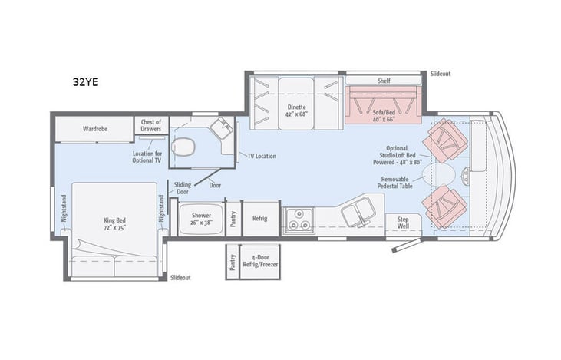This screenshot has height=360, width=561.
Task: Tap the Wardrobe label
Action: coord(95,129)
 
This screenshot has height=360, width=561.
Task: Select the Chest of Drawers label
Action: coord(150,125)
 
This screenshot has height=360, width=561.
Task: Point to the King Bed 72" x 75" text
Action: coord(114,223)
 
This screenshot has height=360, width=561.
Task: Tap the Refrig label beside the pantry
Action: coord(260,219)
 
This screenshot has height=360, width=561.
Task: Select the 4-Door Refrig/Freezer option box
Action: coord(259,263)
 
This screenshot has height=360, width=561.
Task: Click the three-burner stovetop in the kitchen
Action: coord(299,220)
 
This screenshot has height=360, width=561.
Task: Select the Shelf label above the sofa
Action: coord(384,80)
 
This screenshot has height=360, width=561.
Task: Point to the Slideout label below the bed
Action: coord(181,277)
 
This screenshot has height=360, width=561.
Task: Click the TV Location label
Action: coord(261,156)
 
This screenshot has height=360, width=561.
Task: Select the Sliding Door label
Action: coord(182,188)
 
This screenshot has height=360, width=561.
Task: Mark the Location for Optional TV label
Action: coord(147,157)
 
